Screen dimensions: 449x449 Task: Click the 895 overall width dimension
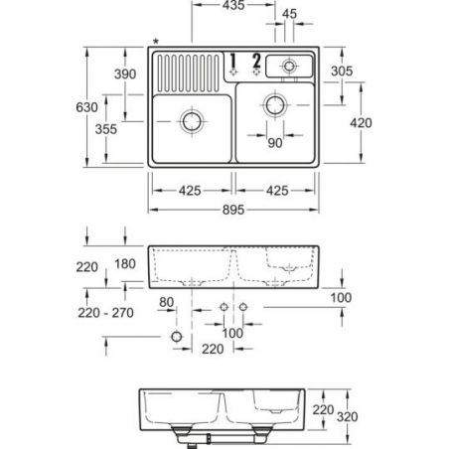coord(233,210)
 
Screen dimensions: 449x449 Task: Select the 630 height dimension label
coord(86,107)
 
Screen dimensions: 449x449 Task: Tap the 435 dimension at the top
coord(233,5)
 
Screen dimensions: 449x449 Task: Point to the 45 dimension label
coord(289,14)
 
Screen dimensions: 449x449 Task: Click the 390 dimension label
coord(125,74)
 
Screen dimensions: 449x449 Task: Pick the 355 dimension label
coord(106,129)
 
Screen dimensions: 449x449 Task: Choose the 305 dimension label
coord(342,71)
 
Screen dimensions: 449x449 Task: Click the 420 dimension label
coord(361,123)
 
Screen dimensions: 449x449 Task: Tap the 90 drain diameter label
coord(275,143)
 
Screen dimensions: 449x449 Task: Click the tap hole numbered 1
coord(233,72)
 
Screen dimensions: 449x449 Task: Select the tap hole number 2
coord(256,72)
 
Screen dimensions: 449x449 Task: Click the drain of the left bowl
coord(192,121)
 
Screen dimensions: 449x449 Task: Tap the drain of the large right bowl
coord(275,105)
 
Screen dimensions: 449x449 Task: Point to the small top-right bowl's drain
coord(289,66)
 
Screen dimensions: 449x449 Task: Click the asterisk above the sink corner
coord(156,42)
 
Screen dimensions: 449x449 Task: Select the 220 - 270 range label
coord(106,313)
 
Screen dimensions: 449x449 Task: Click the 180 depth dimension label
coord(125,264)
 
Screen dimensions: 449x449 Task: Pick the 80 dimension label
coord(166,302)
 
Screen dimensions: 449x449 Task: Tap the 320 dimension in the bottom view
coord(348,416)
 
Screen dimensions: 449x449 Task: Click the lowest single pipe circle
coord(177,337)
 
